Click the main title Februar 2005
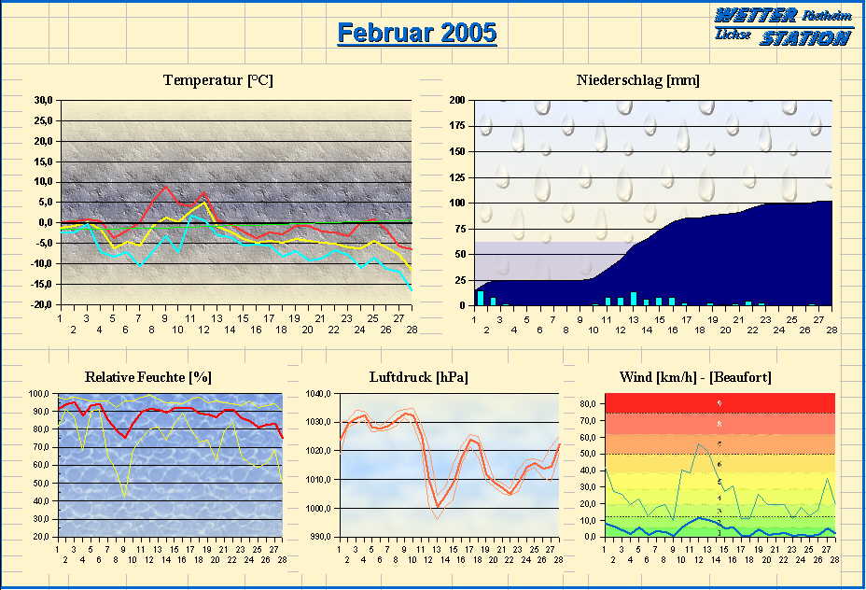416,34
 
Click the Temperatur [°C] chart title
217,80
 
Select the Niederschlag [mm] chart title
638,80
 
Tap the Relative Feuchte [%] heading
147,377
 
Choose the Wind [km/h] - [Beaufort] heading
695,377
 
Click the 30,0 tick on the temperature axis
43,100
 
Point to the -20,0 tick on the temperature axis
41,305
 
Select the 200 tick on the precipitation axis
457,100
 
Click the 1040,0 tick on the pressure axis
319,394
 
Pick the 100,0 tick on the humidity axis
39,394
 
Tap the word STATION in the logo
803,38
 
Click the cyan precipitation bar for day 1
481,298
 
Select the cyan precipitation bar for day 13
634,299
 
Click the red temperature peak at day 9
165,186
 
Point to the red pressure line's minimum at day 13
438,506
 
